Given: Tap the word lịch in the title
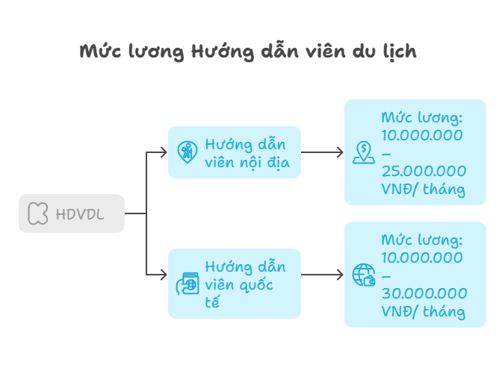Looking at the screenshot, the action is [x=400, y=51].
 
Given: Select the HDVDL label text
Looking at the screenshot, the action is [x=80, y=214].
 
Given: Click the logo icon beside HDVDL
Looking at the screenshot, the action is [x=38, y=213].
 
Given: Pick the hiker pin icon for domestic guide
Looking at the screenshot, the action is [x=187, y=152].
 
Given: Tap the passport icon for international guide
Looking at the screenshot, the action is [x=187, y=284].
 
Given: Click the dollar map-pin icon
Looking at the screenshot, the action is [x=364, y=152].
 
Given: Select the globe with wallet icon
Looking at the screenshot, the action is [x=364, y=275].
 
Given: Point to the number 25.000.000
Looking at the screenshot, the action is [x=424, y=171].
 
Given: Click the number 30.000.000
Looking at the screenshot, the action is [x=424, y=293].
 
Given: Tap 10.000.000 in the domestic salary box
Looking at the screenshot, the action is [x=422, y=135].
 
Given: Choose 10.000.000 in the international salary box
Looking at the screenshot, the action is [x=422, y=258].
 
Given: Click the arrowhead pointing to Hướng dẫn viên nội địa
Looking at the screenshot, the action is [x=164, y=152].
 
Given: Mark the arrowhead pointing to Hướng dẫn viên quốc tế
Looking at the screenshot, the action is [x=164, y=275].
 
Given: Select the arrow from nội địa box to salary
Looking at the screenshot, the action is [x=322, y=152].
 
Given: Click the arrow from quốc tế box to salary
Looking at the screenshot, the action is [x=322, y=275].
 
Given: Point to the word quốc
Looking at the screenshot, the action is [x=256, y=284].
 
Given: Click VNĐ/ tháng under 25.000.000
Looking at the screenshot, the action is [x=424, y=190].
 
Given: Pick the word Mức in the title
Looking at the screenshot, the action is [x=100, y=51].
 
